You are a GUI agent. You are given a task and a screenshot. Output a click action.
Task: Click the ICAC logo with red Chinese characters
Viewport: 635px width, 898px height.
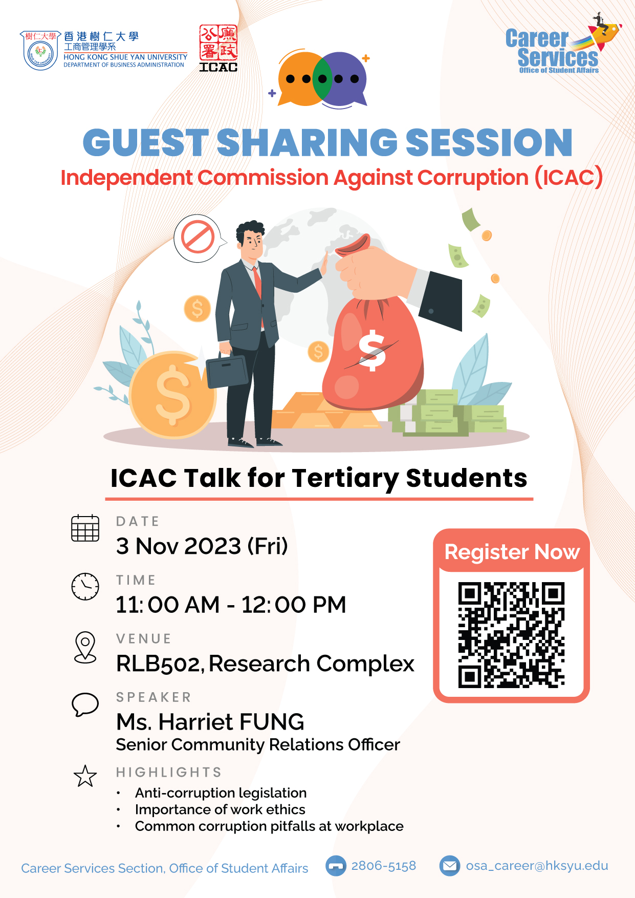pos(218,48)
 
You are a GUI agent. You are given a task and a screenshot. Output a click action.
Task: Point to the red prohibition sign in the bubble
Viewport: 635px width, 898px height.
pos(198,237)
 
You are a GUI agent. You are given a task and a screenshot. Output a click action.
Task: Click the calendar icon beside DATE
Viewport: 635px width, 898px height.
pos(85,528)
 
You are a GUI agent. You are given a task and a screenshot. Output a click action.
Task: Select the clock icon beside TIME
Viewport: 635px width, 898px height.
pos(85,586)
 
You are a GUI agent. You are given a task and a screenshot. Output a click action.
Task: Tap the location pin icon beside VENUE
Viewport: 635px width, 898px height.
pos(85,647)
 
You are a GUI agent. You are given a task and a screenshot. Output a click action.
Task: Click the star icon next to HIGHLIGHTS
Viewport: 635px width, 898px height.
pos(85,776)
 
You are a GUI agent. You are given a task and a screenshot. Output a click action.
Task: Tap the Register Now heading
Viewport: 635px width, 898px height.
pos(512,552)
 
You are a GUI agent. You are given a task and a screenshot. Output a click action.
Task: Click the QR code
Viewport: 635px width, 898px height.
pos(511,635)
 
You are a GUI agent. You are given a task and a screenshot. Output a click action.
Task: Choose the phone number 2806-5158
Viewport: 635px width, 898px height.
pos(383,866)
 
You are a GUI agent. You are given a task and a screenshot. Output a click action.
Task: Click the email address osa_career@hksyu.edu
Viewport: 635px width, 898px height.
pos(537,866)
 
